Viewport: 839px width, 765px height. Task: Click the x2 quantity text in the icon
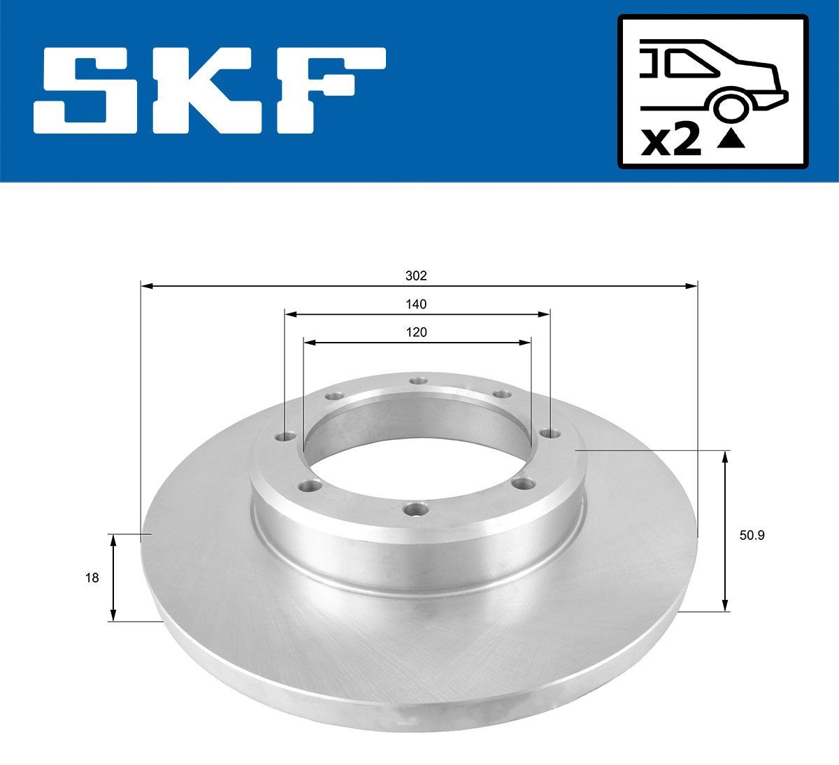(x=671, y=142)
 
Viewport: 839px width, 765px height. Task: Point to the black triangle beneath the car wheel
(x=731, y=141)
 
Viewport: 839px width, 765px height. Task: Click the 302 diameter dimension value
(x=416, y=276)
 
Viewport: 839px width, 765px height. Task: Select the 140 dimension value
(x=416, y=304)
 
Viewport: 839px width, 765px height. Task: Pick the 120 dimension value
(x=416, y=332)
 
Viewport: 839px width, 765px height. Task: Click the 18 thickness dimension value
(x=92, y=578)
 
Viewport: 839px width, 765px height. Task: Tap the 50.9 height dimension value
(x=752, y=536)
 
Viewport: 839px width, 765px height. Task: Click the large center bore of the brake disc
(x=417, y=448)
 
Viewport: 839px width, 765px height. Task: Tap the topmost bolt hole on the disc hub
(x=418, y=380)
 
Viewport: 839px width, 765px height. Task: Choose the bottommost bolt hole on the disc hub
(x=415, y=510)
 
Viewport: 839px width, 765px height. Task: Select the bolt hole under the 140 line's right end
(x=548, y=434)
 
